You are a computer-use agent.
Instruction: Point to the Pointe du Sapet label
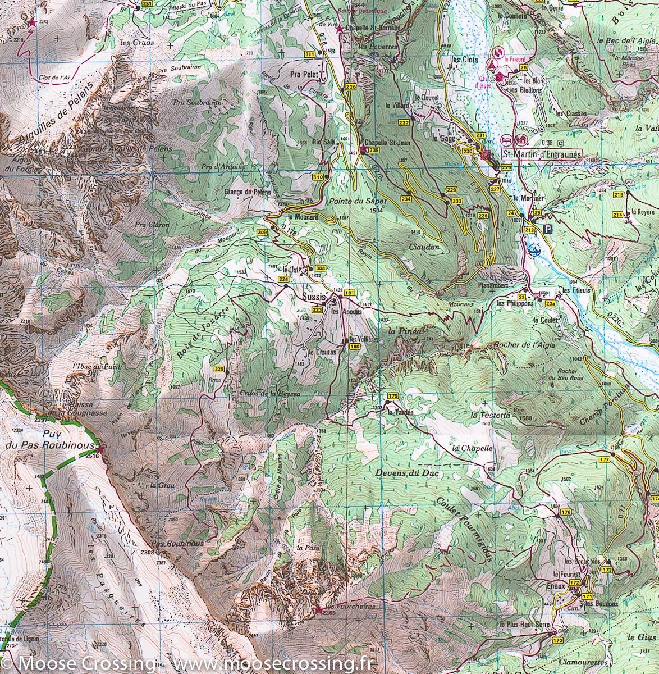tap(364, 201)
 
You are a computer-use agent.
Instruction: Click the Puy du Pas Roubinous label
tap(67, 440)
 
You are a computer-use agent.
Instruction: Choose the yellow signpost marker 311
tap(309, 54)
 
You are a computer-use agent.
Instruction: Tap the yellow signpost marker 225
tap(219, 369)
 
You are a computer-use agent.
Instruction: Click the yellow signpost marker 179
tap(392, 397)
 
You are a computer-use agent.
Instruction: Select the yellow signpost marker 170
tap(557, 640)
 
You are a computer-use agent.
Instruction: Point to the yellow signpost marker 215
tap(619, 195)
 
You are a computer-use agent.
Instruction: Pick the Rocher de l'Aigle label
tap(524, 345)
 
